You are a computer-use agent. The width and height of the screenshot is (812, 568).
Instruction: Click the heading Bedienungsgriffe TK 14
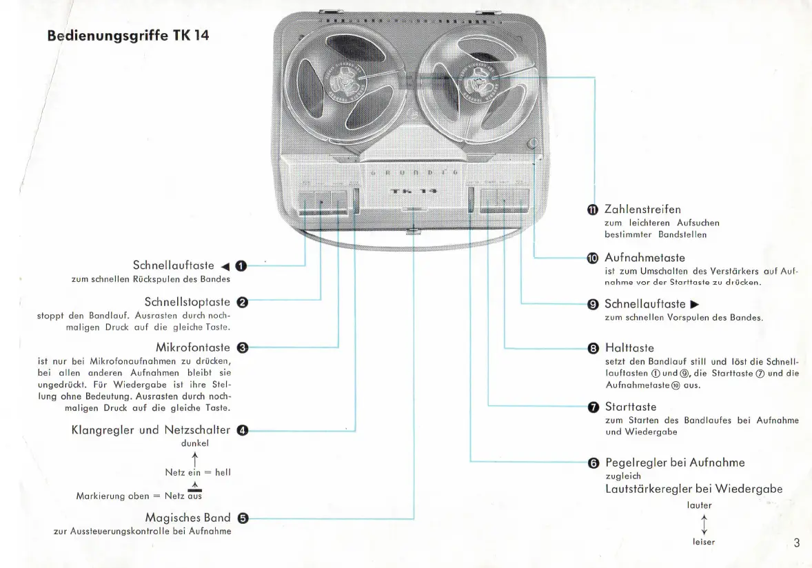tap(128, 35)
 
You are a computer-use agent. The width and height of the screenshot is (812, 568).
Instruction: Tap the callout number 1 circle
tap(241, 266)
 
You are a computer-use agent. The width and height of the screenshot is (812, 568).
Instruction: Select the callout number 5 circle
tap(242, 518)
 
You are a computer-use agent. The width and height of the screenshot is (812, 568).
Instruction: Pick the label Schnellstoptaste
tap(187, 302)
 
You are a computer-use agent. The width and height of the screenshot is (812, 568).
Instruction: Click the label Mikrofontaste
tap(193, 347)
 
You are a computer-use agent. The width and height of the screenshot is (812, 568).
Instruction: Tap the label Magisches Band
tap(187, 518)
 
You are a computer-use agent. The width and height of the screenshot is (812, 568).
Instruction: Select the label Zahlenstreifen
tap(642, 209)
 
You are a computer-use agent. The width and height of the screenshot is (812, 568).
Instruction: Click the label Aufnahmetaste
tap(644, 258)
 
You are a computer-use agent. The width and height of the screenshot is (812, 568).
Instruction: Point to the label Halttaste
tap(629, 348)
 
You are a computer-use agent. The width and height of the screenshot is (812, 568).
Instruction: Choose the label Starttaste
tap(630, 407)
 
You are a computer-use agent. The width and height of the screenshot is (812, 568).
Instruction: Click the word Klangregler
tap(103, 430)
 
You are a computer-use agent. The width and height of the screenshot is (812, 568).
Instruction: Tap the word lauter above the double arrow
tap(700, 505)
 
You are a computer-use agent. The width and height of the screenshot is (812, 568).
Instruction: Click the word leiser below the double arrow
tap(704, 542)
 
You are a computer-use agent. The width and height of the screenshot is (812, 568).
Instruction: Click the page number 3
tap(797, 542)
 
